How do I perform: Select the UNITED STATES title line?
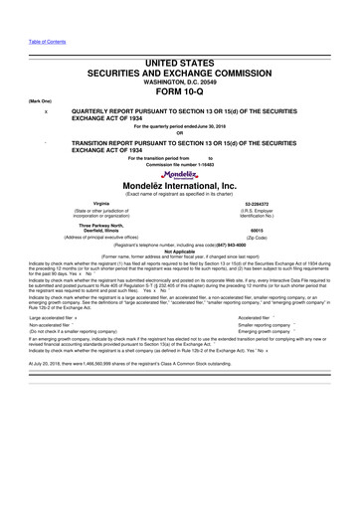pyautogui.click(x=180, y=63)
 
